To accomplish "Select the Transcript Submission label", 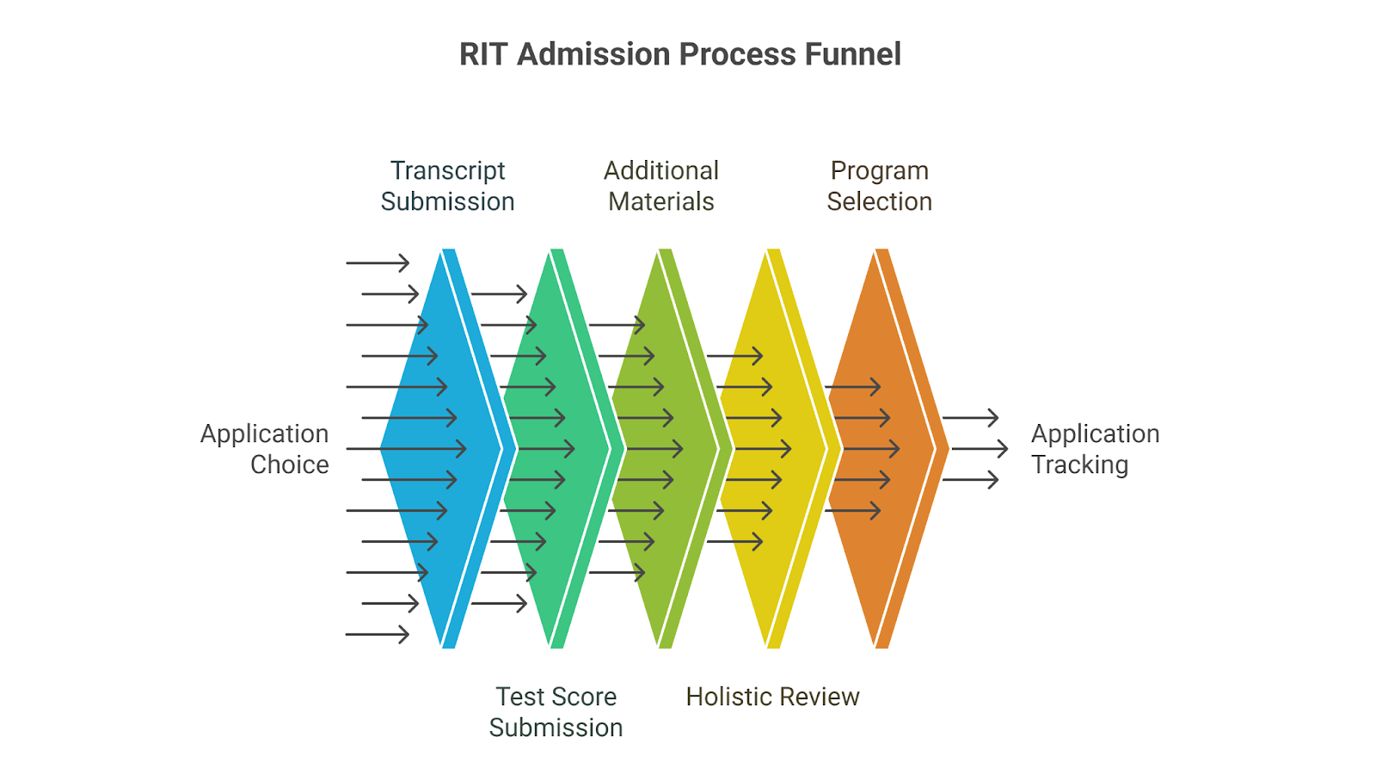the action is [447, 186].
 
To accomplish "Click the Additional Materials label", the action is [661, 186].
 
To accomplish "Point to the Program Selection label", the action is [879, 186].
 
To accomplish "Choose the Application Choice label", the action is [265, 449].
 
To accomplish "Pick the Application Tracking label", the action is [1096, 449].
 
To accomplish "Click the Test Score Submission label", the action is [556, 712].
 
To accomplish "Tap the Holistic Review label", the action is [773, 697].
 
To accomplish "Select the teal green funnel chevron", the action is [556, 448].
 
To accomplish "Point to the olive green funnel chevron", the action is [665, 448].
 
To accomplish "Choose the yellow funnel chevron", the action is [773, 448].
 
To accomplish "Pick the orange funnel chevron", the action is [881, 448].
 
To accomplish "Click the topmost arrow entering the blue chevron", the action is [378, 263].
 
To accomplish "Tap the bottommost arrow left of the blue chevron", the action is [378, 634].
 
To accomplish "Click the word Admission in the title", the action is [593, 54].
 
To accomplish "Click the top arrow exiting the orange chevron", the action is [971, 418].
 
